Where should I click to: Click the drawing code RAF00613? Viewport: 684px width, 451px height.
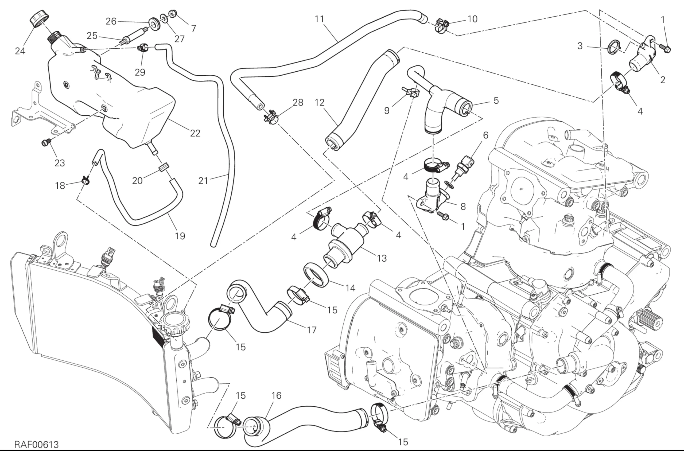pyautogui.click(x=37, y=445)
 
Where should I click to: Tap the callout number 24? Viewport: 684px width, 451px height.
pyautogui.click(x=20, y=51)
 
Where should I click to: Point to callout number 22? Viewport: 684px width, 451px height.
pyautogui.click(x=195, y=133)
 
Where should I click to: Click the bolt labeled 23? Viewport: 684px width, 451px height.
pyautogui.click(x=46, y=142)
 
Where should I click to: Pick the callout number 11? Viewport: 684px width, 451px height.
pyautogui.click(x=319, y=19)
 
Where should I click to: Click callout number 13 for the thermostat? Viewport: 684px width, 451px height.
pyautogui.click(x=382, y=258)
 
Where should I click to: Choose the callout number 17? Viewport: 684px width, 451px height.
pyautogui.click(x=312, y=330)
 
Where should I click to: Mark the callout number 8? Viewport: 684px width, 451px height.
pyautogui.click(x=463, y=206)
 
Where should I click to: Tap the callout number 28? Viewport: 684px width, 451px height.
pyautogui.click(x=298, y=102)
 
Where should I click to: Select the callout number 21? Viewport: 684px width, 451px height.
pyautogui.click(x=203, y=181)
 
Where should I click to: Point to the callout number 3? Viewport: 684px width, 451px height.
pyautogui.click(x=580, y=46)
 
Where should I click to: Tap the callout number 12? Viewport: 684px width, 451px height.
pyautogui.click(x=320, y=103)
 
